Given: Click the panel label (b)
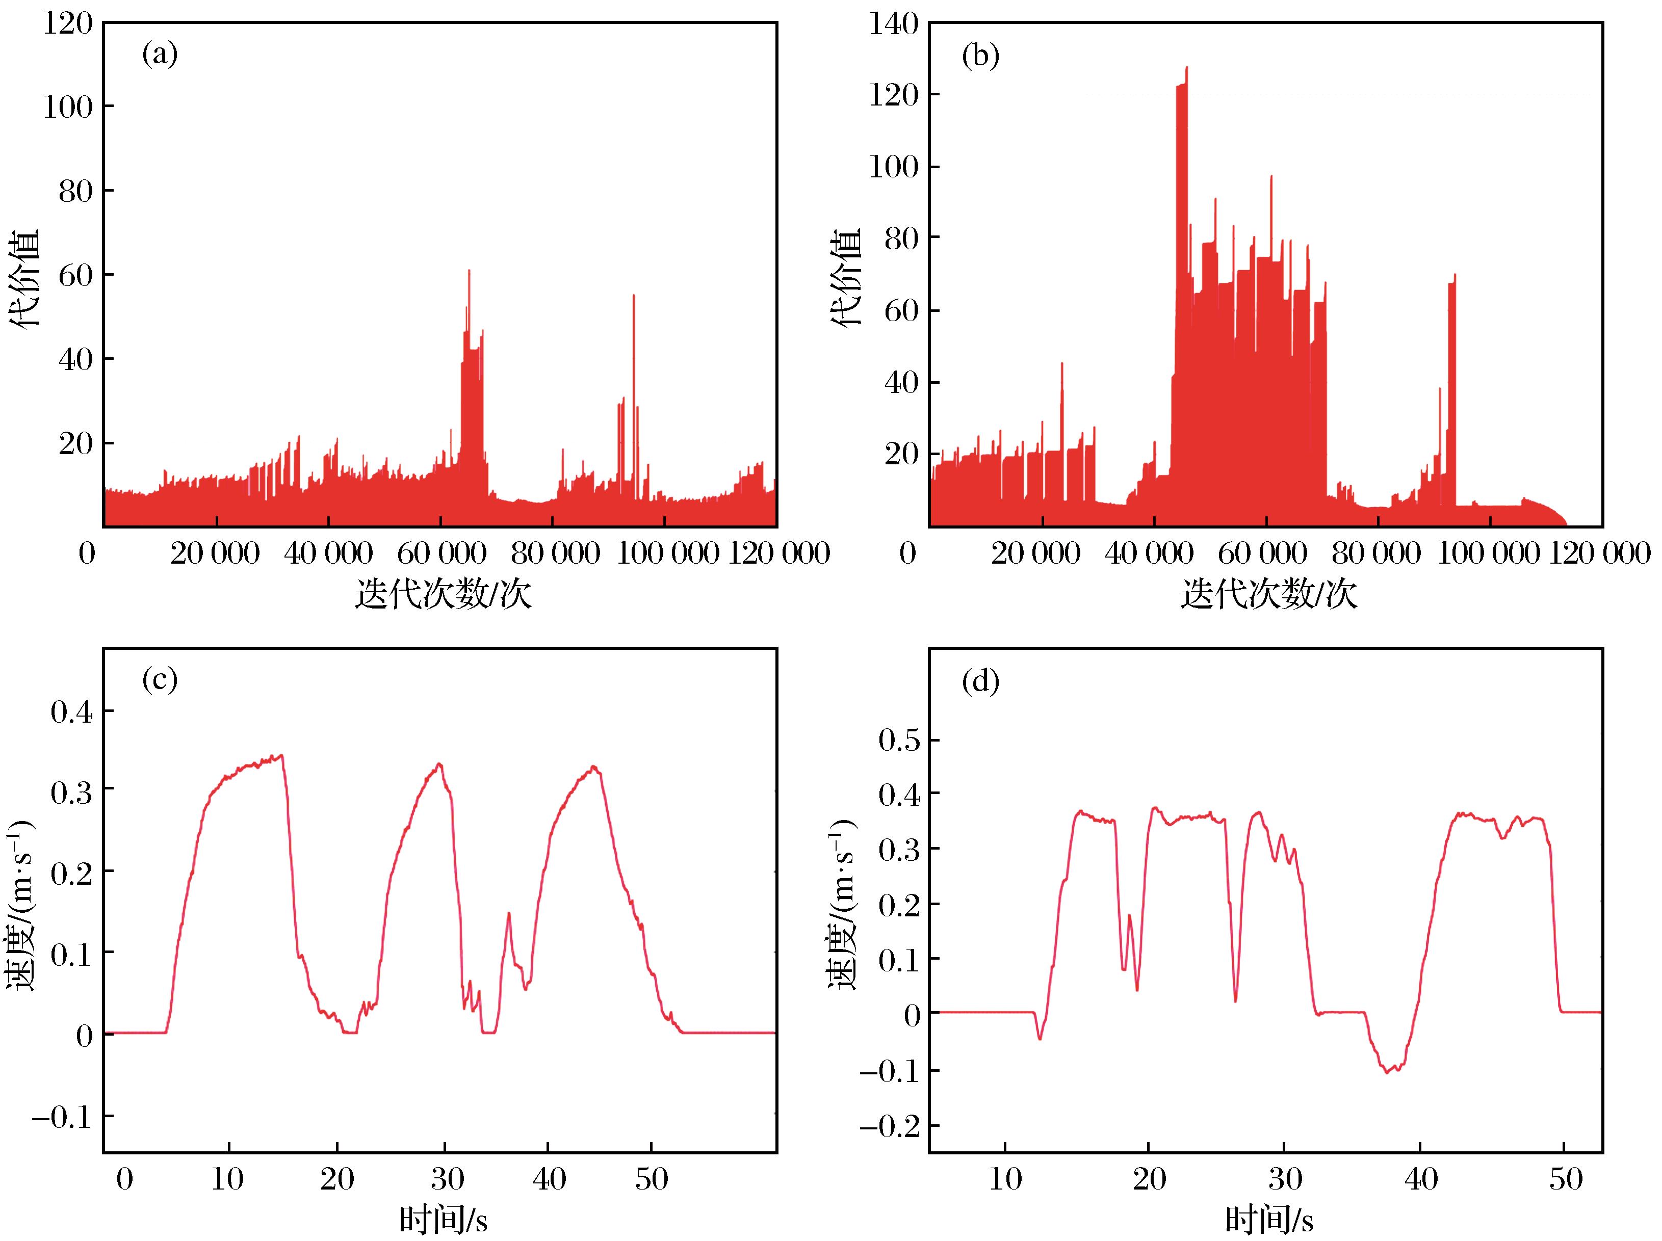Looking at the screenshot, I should click(980, 57).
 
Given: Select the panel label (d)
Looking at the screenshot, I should click(980, 682).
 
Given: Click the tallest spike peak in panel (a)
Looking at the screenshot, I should click(469, 271).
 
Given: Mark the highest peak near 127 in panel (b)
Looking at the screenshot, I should click(1186, 68).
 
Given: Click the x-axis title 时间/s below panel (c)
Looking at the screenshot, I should click(443, 1222).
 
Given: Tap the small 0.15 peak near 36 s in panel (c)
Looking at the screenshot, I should click(509, 913).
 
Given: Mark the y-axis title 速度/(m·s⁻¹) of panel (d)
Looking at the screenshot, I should click(845, 903).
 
